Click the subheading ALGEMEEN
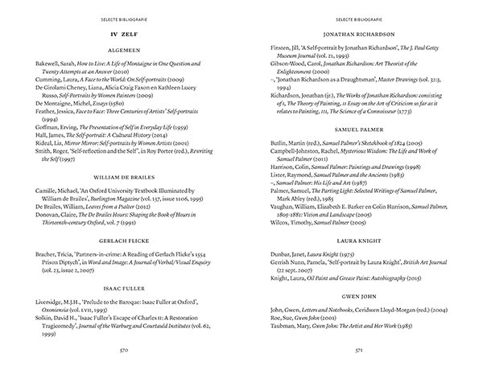point(120,48)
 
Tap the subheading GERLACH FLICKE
point(120,241)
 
